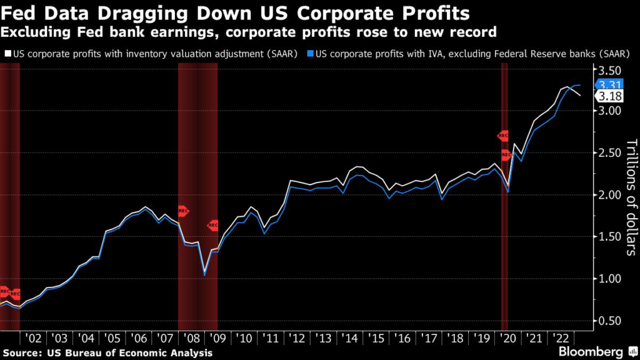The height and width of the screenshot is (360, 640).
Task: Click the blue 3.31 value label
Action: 609,85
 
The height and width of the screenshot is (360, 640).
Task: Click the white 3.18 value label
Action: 609,96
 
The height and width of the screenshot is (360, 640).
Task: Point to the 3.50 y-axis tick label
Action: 611,69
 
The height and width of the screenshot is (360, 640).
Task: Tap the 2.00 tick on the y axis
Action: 611,195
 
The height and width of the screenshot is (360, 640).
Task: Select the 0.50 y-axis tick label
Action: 611,321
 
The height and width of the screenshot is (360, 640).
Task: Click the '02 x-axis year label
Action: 32,338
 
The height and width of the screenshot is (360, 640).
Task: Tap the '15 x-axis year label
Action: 376,338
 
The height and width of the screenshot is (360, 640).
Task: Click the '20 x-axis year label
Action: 508,338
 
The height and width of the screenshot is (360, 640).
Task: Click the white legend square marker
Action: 6,54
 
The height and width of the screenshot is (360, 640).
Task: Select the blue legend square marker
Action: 311,54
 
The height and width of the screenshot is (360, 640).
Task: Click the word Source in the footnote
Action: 22,353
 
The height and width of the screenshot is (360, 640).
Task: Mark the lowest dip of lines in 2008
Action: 204,274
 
